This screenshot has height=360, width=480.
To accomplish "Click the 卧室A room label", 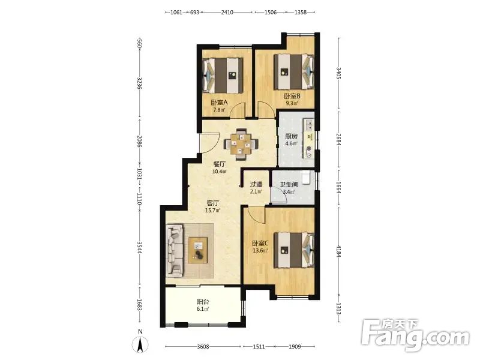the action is (x=219, y=103).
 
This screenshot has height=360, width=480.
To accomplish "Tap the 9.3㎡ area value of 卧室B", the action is (x=292, y=103).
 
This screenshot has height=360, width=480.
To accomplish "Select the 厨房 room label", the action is (x=291, y=136).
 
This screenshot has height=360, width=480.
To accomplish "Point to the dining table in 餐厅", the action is (x=241, y=144).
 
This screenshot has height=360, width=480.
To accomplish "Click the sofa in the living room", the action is (x=175, y=250).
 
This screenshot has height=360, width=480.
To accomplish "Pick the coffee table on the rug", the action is (x=198, y=250).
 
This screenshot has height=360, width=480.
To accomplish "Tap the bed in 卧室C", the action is (x=294, y=250).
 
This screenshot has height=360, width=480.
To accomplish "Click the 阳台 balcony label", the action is (x=203, y=302).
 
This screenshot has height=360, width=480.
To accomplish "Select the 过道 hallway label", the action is (x=256, y=184).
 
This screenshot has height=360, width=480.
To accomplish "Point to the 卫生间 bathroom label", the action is (x=289, y=185).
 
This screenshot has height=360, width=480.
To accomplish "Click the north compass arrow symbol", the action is (x=140, y=344).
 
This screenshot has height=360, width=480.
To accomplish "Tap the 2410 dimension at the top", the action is (x=227, y=12).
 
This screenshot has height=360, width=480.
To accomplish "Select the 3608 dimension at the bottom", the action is (x=203, y=347).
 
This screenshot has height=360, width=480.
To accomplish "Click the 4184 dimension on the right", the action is (x=338, y=251).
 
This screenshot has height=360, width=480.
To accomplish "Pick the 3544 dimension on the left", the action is (x=139, y=248).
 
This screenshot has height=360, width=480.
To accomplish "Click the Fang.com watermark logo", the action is (x=415, y=335).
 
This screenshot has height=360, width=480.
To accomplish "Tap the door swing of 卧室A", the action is (x=238, y=110).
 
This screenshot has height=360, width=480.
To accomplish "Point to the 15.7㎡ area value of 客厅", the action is (x=213, y=211).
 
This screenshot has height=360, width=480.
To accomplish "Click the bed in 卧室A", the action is (x=223, y=76).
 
